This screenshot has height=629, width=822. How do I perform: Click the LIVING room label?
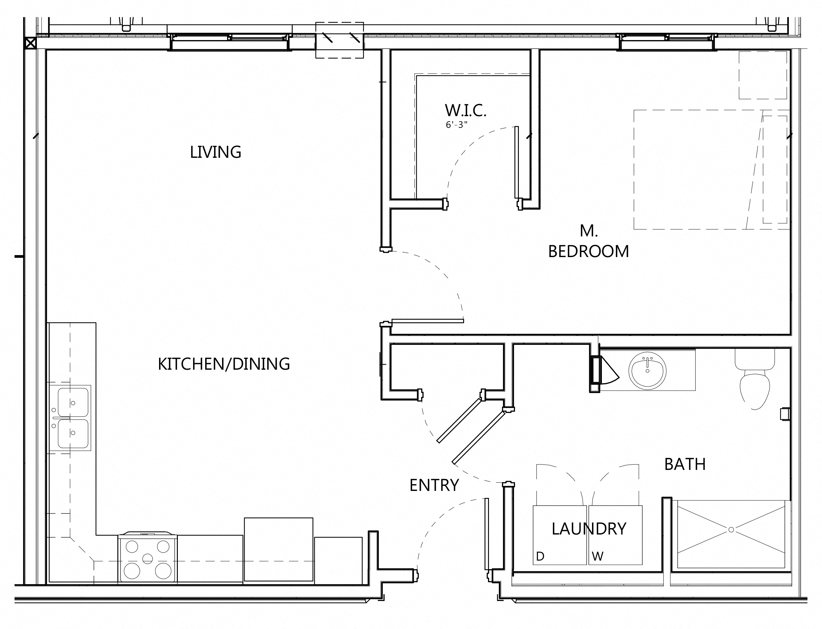[215, 152]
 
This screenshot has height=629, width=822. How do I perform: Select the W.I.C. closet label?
[465, 110]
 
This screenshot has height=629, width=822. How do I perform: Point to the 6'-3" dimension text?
[456, 125]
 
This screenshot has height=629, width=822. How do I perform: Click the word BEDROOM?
[588, 251]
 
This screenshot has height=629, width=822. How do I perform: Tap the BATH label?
[685, 464]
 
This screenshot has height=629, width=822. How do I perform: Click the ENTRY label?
[434, 485]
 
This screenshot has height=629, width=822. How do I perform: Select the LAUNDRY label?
[589, 529]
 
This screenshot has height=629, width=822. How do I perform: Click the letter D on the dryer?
[540, 556]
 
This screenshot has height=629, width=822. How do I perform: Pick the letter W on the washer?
[597, 556]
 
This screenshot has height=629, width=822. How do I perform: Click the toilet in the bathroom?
[755, 386]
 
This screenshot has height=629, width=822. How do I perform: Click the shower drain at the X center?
[731, 530]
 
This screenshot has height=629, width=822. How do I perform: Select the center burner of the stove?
[148, 559]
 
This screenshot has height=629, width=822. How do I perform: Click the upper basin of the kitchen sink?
[73, 402]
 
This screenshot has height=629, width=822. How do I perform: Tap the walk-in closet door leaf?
[516, 162]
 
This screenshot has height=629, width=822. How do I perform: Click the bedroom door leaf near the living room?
[427, 321]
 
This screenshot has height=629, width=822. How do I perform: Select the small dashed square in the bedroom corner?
[763, 75]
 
